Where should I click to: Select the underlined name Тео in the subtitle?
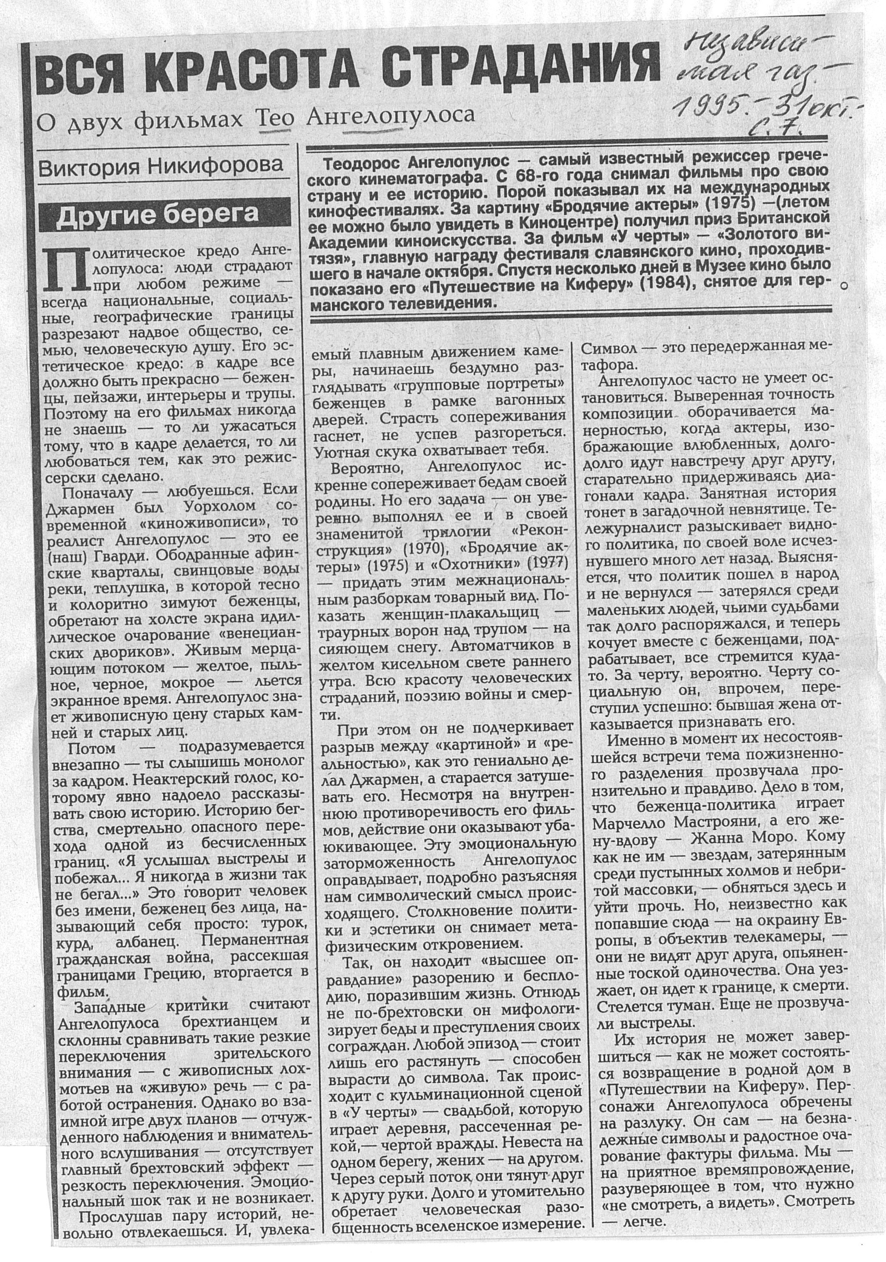click(275, 117)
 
